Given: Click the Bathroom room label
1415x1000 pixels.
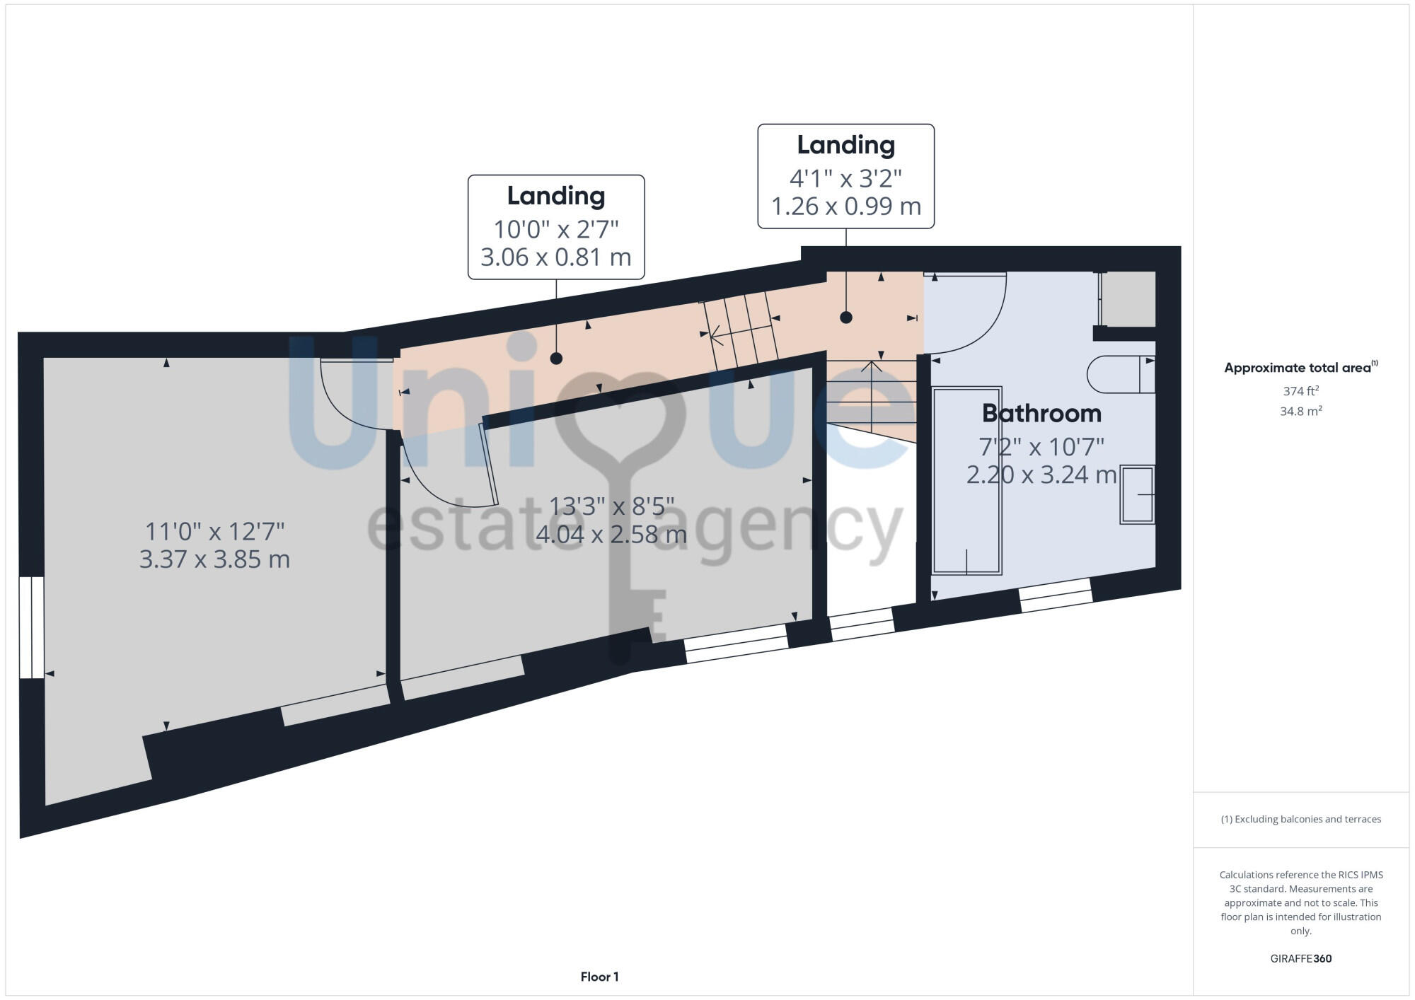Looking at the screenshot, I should coord(1041,414).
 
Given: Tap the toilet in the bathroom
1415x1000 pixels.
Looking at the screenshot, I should coord(1120,375).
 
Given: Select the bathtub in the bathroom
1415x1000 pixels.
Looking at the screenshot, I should coord(966,480).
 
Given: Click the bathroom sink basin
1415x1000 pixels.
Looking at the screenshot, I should coord(1137,494).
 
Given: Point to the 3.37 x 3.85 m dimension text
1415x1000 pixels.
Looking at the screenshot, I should coord(214,560).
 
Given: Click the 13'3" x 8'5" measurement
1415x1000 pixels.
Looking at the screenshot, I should coord(611,506).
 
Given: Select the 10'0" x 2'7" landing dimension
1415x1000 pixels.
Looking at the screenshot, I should coord(555,229).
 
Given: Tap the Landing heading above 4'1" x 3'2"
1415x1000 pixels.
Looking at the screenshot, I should coord(845,145).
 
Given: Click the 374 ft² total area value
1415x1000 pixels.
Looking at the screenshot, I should coord(1300,391).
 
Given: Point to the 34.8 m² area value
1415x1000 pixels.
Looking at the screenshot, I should coord(1300,411).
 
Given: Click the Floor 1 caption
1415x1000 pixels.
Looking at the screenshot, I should coord(599,977).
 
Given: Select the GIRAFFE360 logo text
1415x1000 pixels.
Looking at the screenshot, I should coord(1300,959).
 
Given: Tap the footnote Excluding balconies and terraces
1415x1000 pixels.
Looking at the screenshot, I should coord(1300,819).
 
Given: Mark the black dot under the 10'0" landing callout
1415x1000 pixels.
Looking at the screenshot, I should coord(556,359).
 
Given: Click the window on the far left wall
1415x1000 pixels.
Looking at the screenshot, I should coord(32,627).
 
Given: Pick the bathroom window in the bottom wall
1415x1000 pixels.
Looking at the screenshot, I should coord(1056,595).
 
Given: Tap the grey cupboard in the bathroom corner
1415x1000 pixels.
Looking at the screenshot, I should coord(1128,299).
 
